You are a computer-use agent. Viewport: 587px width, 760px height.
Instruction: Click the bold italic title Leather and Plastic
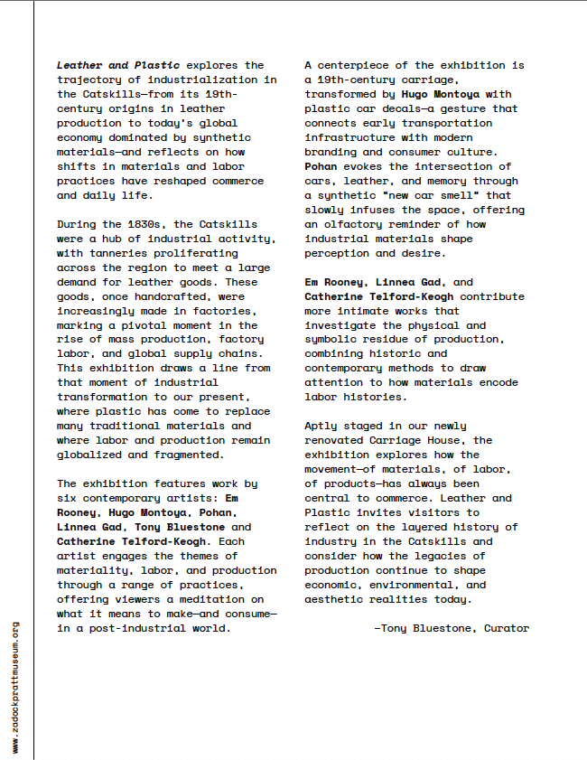coord(118,65)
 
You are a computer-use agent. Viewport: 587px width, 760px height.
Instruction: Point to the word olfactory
coord(359,224)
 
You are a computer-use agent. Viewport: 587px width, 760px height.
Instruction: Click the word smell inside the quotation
coord(467,195)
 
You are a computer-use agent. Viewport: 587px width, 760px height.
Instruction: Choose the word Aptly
coord(322,426)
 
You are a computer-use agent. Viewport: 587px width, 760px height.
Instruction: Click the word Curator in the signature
coord(507,628)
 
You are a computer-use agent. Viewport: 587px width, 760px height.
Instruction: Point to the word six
coord(68,498)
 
